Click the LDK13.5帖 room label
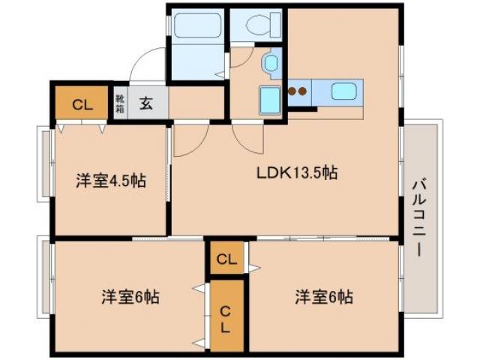pyautogui.click(x=296, y=172)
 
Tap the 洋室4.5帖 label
pyautogui.click(x=110, y=181)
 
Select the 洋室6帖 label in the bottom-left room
pyautogui.click(x=130, y=295)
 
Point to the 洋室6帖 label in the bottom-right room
pyautogui.click(x=323, y=295)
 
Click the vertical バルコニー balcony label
pyautogui.click(x=419, y=217)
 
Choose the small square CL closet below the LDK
pyautogui.click(x=226, y=259)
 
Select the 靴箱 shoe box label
pyautogui.click(x=120, y=103)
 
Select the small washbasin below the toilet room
pyautogui.click(x=270, y=64)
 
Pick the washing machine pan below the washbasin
pyautogui.click(x=269, y=99)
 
